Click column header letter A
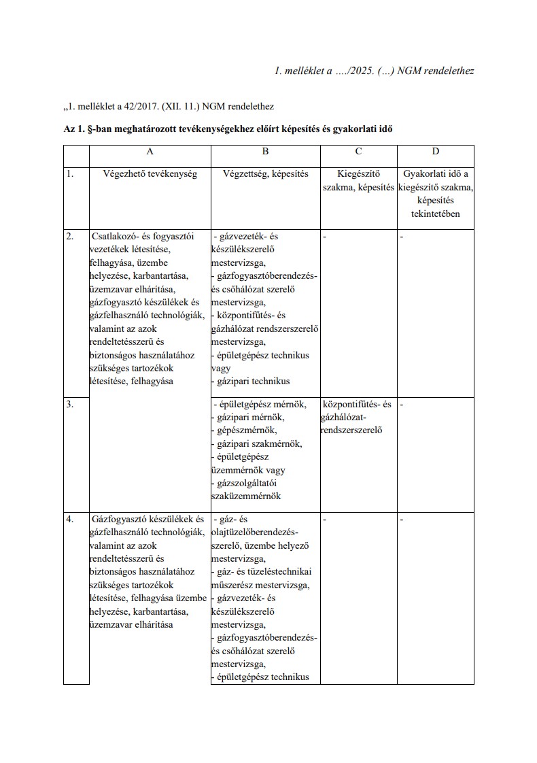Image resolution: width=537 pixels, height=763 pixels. click(150, 152)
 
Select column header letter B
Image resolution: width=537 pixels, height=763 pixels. click(265, 152)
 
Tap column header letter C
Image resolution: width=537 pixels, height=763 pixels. click(358, 152)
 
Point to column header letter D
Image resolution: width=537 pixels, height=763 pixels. click(436, 152)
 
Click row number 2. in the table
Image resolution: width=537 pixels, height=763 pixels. click(69, 237)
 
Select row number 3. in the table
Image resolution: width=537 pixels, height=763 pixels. click(69, 405)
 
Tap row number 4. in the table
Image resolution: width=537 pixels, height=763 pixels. click(69, 520)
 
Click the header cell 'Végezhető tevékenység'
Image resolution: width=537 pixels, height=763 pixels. click(150, 174)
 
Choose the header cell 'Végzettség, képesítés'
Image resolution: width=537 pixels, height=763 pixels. click(265, 174)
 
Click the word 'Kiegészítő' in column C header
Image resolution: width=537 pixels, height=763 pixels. click(358, 174)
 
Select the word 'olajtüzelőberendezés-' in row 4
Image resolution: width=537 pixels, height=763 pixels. click(255, 532)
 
